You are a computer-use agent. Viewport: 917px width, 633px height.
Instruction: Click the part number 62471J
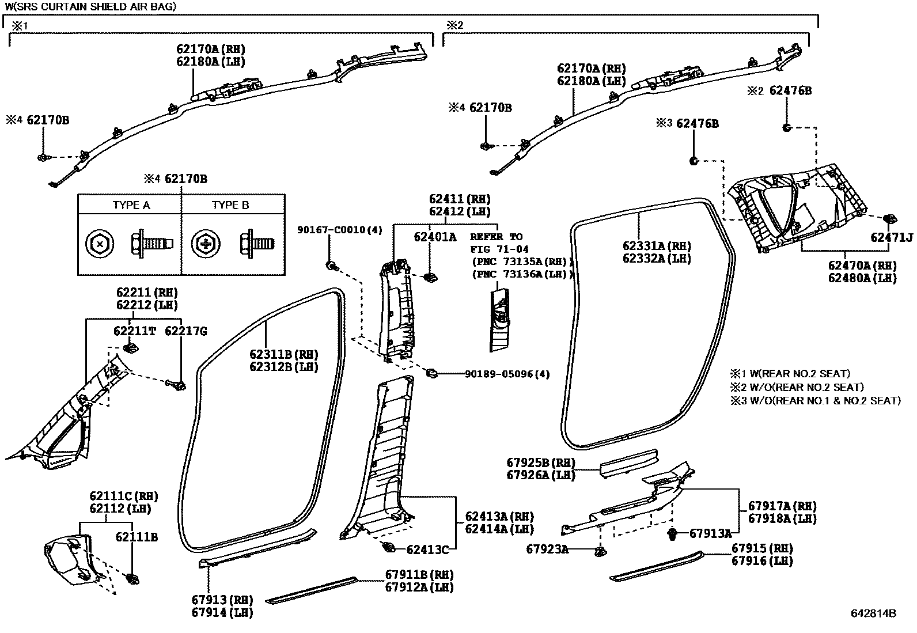pyautogui.click(x=891, y=237)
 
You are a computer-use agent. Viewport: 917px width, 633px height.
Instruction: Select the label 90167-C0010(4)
pyautogui.click(x=339, y=230)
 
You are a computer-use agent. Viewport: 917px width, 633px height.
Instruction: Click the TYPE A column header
pyautogui.click(x=131, y=205)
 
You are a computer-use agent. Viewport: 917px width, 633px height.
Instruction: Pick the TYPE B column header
pyautogui.click(x=230, y=205)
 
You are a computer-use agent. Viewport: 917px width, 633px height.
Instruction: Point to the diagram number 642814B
pyautogui.click(x=873, y=613)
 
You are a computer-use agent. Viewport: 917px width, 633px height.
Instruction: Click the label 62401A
pyautogui.click(x=435, y=236)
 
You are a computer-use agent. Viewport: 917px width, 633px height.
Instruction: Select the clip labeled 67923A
pyautogui.click(x=600, y=551)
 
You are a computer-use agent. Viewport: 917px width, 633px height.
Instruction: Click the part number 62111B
pyautogui.click(x=137, y=537)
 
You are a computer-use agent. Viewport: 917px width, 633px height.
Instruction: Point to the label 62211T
pyautogui.click(x=135, y=331)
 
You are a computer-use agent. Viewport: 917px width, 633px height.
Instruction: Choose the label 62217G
pyautogui.click(x=185, y=331)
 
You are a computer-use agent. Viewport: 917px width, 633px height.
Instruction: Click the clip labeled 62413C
pyautogui.click(x=388, y=547)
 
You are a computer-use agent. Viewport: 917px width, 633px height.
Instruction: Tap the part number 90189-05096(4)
pyautogui.click(x=507, y=374)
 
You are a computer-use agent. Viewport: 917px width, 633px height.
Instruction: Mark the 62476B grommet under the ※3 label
pyautogui.click(x=694, y=160)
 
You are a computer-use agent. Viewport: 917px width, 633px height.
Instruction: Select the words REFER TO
pyautogui.click(x=496, y=237)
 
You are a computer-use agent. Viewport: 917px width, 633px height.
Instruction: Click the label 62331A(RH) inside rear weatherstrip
pyautogui.click(x=657, y=246)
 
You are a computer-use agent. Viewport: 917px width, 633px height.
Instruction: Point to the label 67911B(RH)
pyautogui.click(x=419, y=574)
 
